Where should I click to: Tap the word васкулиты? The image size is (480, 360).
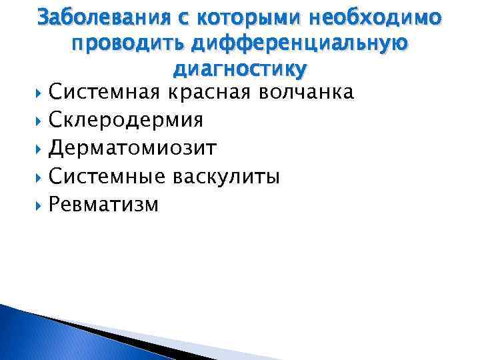click(x=227, y=176)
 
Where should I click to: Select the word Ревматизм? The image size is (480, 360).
click(x=104, y=204)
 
